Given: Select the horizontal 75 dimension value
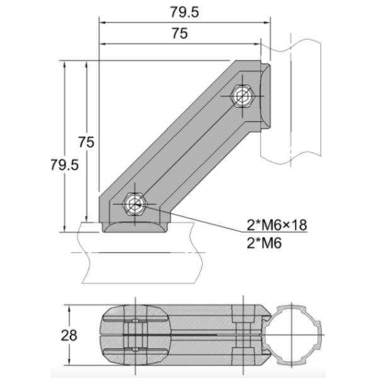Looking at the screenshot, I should [179, 35].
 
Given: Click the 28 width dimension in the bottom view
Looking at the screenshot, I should [71, 335].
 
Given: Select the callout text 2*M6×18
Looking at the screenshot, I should [275, 224].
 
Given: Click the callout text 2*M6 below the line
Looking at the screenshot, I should [261, 243].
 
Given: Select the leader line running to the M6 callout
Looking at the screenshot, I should [208, 223].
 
